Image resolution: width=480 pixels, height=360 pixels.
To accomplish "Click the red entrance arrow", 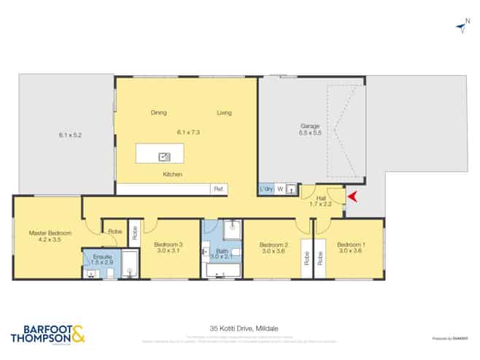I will coord(354,196).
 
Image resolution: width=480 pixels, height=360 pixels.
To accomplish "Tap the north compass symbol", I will coord(461,27).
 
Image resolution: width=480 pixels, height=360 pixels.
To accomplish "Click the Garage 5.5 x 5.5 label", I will coord(310,129).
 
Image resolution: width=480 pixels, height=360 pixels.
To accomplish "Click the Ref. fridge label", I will coord(217,189).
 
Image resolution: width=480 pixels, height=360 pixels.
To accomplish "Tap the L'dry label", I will coord(266,189).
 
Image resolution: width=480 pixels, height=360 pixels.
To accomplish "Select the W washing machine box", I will coord(279,189).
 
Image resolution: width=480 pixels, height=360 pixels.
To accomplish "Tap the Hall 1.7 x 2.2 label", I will coord(321,201).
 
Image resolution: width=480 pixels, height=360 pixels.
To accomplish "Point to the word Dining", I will coord(158,112).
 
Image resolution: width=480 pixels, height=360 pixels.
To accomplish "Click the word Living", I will coord(224,112).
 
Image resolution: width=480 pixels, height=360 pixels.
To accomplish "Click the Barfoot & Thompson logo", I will coord(48,334).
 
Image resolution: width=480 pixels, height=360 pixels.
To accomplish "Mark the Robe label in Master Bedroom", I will coord(115,231).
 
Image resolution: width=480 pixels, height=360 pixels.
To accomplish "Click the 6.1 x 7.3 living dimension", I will coord(188,132).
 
